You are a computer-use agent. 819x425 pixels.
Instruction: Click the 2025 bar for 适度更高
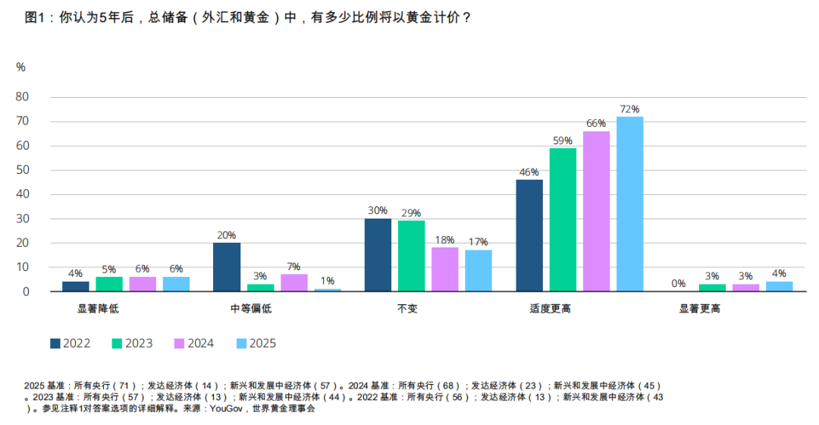(629, 203)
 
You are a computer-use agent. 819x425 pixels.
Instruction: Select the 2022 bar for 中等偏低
(227, 266)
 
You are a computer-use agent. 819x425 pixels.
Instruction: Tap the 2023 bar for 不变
(412, 256)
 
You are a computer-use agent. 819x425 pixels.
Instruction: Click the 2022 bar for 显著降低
(76, 286)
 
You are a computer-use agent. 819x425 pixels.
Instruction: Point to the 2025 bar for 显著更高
(779, 286)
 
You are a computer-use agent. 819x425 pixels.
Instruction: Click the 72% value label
(629, 109)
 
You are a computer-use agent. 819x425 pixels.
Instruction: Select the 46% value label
(529, 172)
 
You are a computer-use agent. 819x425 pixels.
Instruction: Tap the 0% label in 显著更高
(679, 284)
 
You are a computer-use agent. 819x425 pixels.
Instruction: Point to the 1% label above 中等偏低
(328, 281)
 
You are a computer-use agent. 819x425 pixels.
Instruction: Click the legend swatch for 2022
(55, 343)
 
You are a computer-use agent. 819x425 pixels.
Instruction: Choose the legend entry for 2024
(193, 343)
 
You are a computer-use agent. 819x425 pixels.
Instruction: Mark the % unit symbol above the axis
(20, 67)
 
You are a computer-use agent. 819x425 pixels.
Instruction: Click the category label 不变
(407, 309)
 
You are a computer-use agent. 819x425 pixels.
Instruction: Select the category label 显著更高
(699, 309)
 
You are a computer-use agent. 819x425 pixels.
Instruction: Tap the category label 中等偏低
(250, 309)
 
